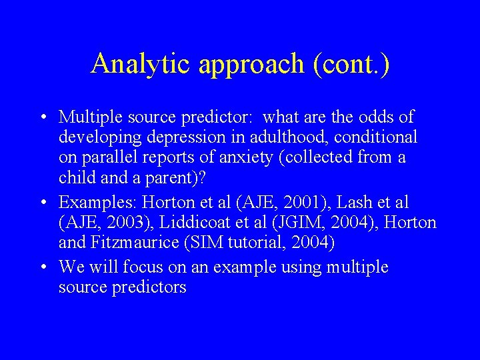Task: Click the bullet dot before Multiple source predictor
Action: click(x=43, y=117)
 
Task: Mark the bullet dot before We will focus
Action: click(x=43, y=267)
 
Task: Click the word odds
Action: click(x=382, y=117)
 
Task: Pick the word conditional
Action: click(x=381, y=137)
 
